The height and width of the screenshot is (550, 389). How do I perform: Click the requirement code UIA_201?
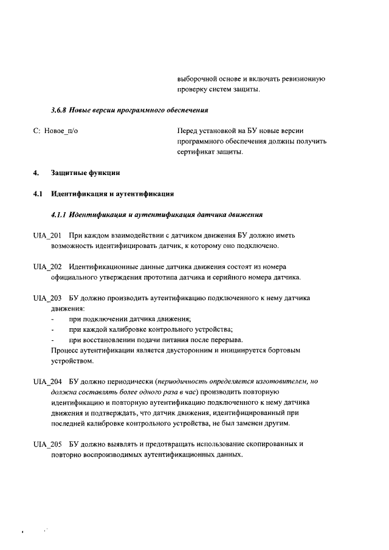[x=47, y=235]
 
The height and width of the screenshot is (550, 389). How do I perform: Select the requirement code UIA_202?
[x=47, y=267]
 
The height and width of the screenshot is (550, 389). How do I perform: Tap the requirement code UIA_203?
[x=47, y=298]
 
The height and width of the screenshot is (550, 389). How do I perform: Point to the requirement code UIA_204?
[x=47, y=382]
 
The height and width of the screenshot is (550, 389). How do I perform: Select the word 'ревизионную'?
[x=306, y=79]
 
